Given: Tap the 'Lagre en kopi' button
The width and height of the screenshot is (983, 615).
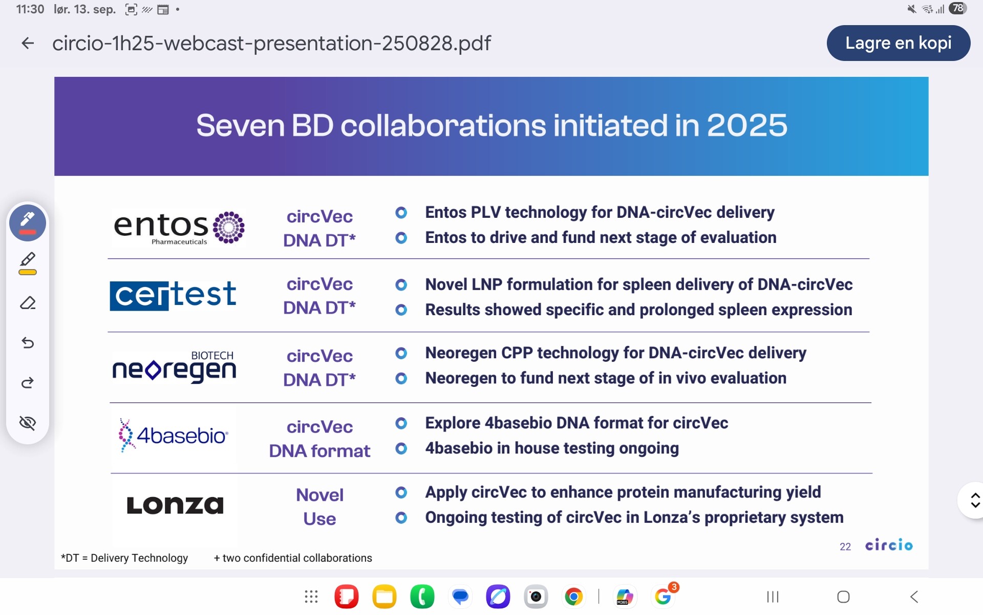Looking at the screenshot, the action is tap(898, 43).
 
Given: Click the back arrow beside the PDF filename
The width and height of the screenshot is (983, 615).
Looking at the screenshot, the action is tap(28, 43).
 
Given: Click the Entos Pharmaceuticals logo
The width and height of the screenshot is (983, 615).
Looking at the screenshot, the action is tap(179, 228).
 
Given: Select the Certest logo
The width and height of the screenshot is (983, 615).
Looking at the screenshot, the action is tap(173, 295).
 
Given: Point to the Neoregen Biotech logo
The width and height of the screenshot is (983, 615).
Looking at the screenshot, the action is tap(174, 367).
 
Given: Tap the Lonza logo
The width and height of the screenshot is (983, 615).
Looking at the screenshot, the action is tap(175, 505).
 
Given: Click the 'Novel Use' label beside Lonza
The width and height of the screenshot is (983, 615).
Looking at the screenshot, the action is tap(319, 506).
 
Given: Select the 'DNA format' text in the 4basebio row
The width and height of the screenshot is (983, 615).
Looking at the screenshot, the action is tap(319, 451).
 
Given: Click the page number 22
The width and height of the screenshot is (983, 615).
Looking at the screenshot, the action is tap(845, 547).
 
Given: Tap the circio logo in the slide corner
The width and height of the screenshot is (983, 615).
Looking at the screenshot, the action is tap(889, 545).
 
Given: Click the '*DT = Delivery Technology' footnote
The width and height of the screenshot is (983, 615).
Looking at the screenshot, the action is tap(124, 558).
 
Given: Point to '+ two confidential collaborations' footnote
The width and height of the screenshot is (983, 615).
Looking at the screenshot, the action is tap(293, 558).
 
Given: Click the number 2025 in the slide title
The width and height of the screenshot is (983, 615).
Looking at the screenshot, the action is tap(747, 126).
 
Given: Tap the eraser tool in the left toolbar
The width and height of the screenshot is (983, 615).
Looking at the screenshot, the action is tap(28, 303).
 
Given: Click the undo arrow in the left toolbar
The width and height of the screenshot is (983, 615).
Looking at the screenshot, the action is tap(28, 342).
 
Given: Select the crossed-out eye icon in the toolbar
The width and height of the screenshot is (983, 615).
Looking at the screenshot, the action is tap(28, 423).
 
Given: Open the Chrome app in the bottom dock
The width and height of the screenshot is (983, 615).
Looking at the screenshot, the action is tap(573, 597).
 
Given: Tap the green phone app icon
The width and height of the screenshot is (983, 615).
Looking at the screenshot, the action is tap(422, 597).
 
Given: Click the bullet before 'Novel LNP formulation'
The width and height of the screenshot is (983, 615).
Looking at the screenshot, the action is tap(401, 284).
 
